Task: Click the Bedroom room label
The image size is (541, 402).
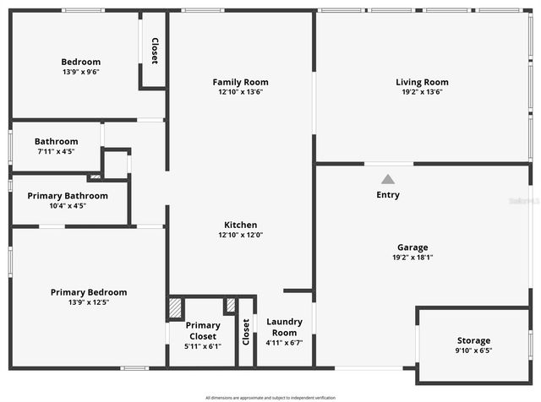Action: [80, 62]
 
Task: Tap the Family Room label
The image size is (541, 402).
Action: [240, 82]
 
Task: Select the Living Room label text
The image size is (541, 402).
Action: [422, 82]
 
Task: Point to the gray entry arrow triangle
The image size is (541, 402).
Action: [388, 179]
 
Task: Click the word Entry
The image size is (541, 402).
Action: [388, 195]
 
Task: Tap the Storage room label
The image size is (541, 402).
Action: [473, 340]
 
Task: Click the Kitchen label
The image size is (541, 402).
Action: [240, 225]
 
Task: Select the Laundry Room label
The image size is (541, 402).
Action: [284, 326]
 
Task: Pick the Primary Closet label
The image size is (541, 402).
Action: [203, 330]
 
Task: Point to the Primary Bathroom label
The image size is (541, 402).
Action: [68, 196]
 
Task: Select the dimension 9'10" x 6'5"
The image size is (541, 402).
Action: [473, 350]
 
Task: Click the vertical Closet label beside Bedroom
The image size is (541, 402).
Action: [155, 52]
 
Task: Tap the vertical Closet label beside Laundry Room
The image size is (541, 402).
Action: [246, 330]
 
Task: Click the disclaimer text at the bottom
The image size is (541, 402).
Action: [270, 397]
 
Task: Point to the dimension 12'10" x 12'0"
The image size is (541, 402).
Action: [240, 235]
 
